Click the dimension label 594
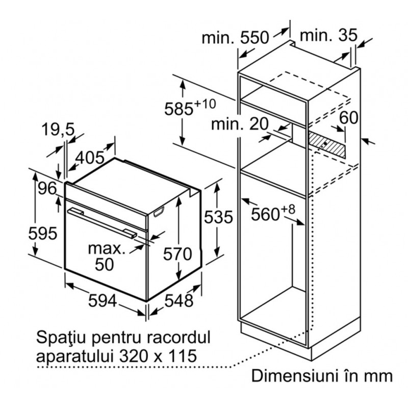pyautogui.click(x=103, y=300)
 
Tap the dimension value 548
pyautogui.click(x=179, y=300)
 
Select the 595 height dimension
pyautogui.click(x=43, y=233)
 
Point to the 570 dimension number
pyautogui.click(x=177, y=253)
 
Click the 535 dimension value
pyautogui.click(x=218, y=217)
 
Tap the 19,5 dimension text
pyautogui.click(x=58, y=130)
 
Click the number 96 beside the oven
pyautogui.click(x=47, y=188)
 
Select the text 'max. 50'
pyautogui.click(x=107, y=257)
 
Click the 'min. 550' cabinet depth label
pyautogui.click(x=235, y=37)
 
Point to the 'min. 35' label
pyautogui.click(x=329, y=35)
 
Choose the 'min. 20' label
pyautogui.click(x=239, y=124)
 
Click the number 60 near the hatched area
pyautogui.click(x=349, y=117)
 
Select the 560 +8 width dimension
pyautogui.click(x=273, y=213)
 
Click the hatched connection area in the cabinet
pyautogui.click(x=327, y=144)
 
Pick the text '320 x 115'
pyautogui.click(x=158, y=355)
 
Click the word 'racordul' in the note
pyautogui.click(x=178, y=337)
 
